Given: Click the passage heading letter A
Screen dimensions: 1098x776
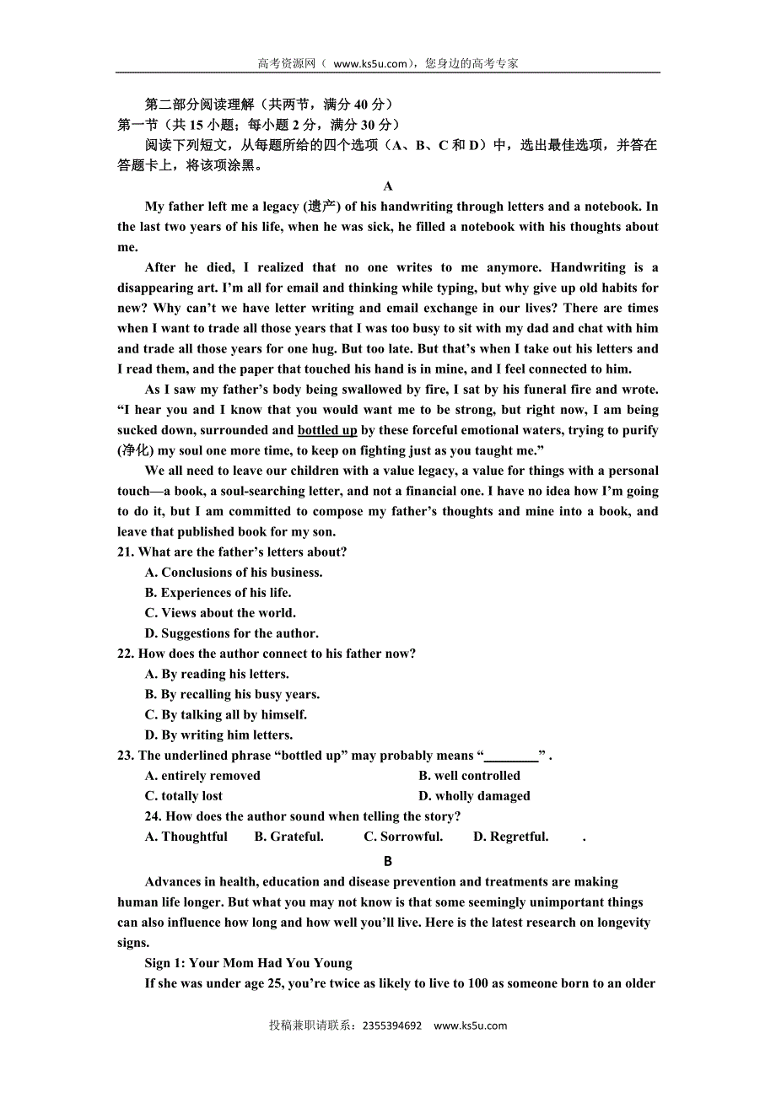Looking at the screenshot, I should coord(388,186).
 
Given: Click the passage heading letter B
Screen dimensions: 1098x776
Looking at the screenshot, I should coord(388,861).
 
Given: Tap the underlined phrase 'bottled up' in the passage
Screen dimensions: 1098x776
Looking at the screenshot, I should coord(327,430).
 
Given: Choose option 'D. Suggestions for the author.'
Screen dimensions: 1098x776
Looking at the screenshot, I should coord(231,633).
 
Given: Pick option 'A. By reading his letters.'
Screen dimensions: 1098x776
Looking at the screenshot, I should coord(217,674).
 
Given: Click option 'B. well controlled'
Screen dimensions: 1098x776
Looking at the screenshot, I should coord(469,776).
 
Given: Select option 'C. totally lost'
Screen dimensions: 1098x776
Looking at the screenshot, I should coord(184,796).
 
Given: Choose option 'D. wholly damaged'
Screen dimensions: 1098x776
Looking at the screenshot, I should coord(474,796).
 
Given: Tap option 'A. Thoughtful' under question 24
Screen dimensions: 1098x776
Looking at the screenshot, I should coord(186,837).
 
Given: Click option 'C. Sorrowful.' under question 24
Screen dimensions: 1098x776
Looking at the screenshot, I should coord(403,837).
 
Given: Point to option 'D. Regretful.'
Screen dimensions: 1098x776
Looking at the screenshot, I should coord(511,837).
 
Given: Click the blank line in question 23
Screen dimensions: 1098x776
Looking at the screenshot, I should coord(511,756).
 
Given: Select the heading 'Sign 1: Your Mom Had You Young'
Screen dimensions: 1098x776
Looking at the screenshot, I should coord(249,963).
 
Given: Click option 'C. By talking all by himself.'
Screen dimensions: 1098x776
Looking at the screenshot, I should coord(225,714).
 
